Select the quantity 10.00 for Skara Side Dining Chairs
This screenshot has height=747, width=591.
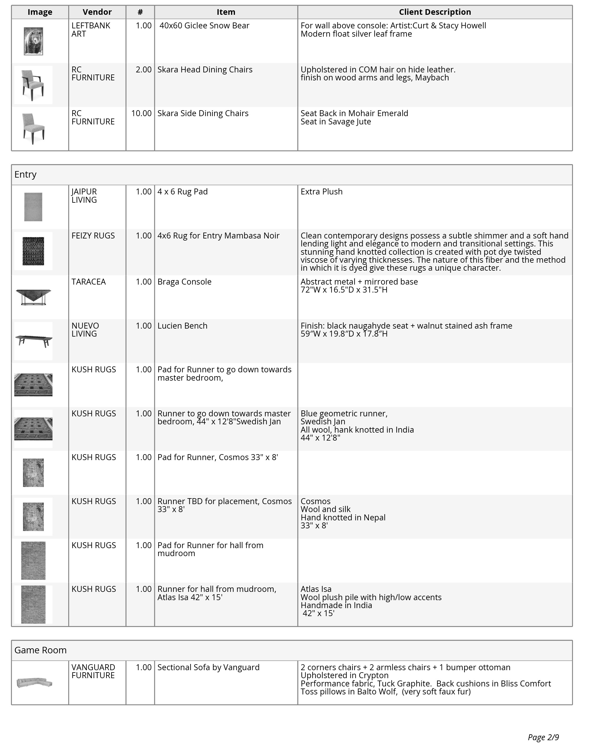click(x=141, y=113)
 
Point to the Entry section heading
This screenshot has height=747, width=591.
click(x=26, y=174)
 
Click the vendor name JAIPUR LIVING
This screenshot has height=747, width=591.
click(x=84, y=196)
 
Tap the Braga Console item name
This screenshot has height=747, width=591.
click(x=184, y=282)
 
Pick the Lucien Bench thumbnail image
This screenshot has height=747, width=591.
click(x=33, y=340)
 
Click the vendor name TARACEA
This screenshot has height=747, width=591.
click(x=89, y=282)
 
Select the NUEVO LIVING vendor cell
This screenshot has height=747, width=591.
click(x=85, y=330)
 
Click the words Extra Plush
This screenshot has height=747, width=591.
click(x=322, y=192)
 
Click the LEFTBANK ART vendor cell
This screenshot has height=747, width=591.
click(x=91, y=30)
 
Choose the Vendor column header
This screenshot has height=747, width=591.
click(x=97, y=12)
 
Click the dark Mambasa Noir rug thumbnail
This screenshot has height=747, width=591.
click(x=33, y=251)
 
